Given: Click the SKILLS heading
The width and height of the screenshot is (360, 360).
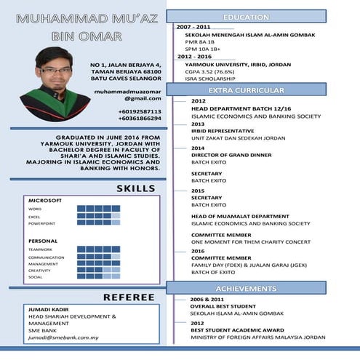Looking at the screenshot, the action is click(x=136, y=189).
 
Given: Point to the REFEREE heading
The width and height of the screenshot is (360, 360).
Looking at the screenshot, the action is click(x=128, y=297).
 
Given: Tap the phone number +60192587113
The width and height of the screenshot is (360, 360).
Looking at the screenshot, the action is click(x=140, y=111).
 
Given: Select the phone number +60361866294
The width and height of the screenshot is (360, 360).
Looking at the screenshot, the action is click(x=140, y=119).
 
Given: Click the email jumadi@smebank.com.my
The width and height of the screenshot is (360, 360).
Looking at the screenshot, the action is click(x=63, y=338).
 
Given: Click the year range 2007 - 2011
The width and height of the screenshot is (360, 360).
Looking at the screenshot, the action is click(x=193, y=27).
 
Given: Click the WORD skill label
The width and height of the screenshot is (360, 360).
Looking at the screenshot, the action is click(x=35, y=209).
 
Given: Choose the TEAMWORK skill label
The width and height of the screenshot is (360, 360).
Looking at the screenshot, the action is click(x=41, y=249).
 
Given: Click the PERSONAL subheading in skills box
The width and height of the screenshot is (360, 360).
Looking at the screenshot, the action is click(x=43, y=240).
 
